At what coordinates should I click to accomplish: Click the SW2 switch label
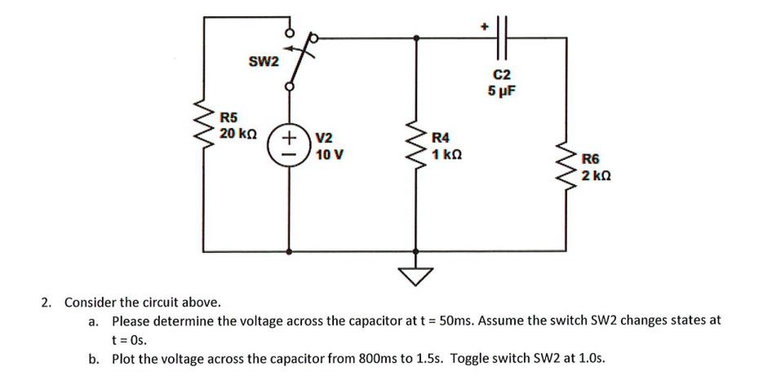264,62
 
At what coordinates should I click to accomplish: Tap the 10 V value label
328,153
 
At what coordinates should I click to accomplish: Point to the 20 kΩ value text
238,133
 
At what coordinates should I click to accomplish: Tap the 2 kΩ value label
597,175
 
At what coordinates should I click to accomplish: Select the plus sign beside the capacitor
483,27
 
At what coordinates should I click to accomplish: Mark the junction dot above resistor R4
418,38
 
